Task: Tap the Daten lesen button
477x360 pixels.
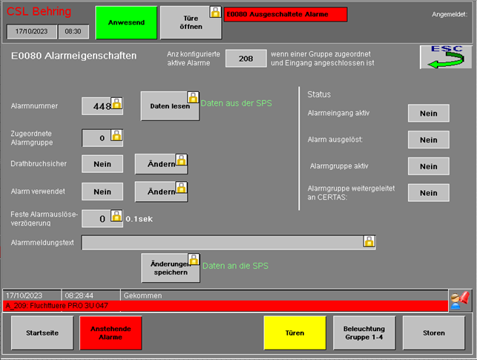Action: click(170, 106)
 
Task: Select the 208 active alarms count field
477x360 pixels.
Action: click(246, 59)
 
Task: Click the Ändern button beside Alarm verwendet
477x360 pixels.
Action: click(161, 192)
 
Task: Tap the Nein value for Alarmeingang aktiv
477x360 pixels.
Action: click(428, 114)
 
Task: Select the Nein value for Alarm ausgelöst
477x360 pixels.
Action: click(428, 140)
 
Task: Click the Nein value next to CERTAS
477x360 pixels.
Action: click(428, 192)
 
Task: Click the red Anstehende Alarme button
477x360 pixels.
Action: click(111, 333)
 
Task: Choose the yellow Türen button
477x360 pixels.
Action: click(295, 333)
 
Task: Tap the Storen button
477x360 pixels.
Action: click(434, 333)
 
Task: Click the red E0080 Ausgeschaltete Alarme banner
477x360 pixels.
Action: click(285, 14)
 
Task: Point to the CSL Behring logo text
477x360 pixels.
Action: click(39, 12)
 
